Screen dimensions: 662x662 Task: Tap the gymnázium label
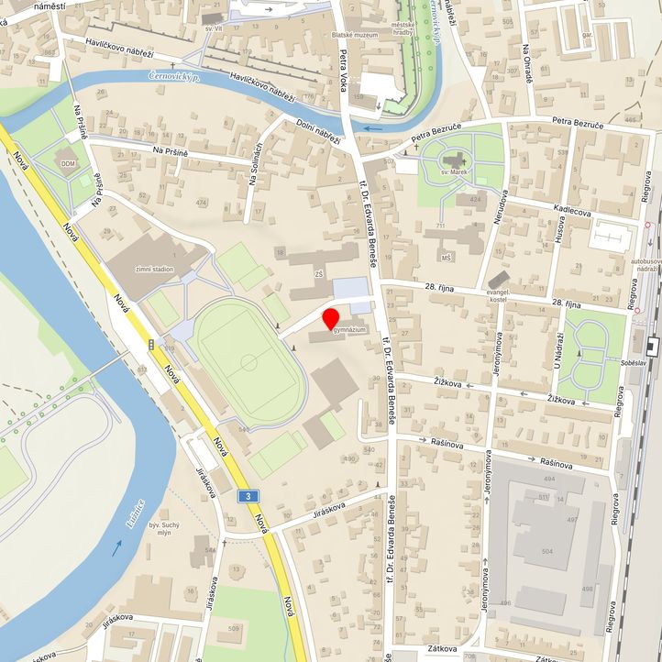pyautogui.click(x=349, y=329)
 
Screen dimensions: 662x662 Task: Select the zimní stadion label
pyautogui.click(x=154, y=270)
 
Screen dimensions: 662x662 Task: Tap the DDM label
pyautogui.click(x=68, y=163)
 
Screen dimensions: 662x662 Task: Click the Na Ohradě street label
pyautogui.click(x=527, y=63)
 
